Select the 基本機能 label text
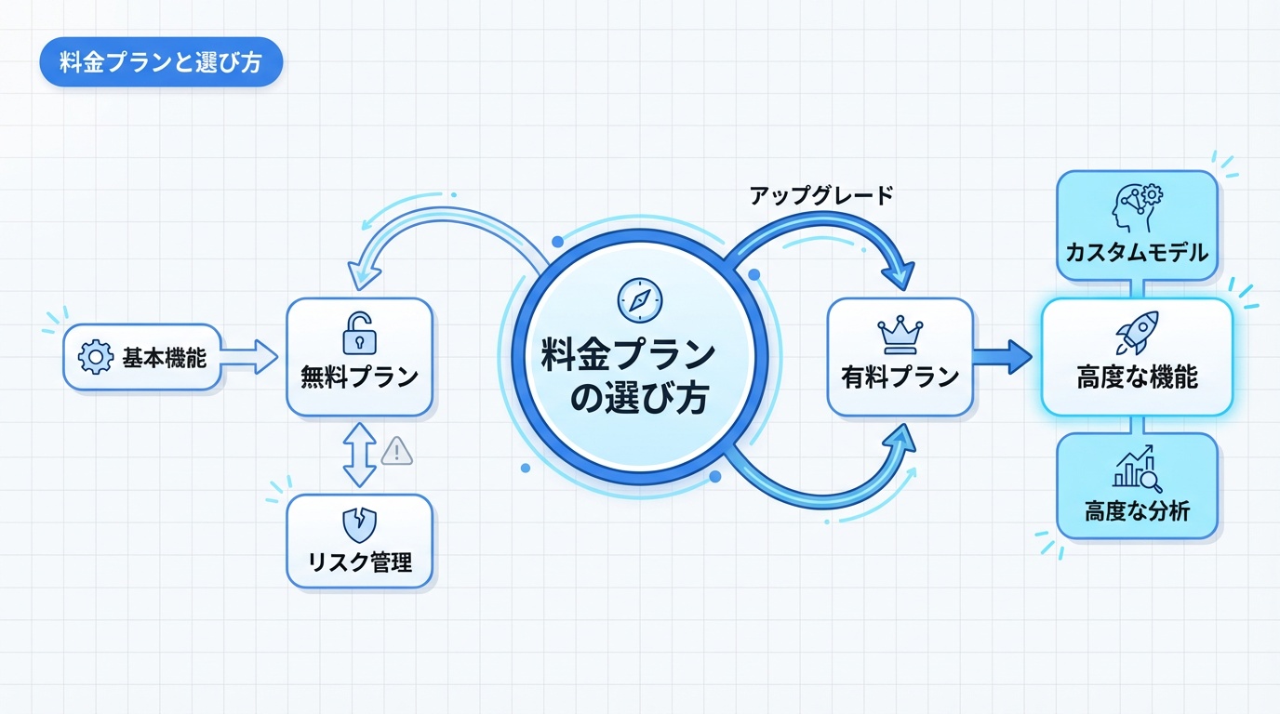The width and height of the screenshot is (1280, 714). pyautogui.click(x=164, y=358)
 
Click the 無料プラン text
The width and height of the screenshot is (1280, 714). pyautogui.click(x=359, y=377)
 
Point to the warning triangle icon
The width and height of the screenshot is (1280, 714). pyautogui.click(x=397, y=452)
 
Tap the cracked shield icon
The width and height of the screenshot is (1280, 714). pyautogui.click(x=359, y=525)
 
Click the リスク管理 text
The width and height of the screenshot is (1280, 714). pyautogui.click(x=359, y=562)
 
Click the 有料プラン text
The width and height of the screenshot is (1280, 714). pyautogui.click(x=900, y=377)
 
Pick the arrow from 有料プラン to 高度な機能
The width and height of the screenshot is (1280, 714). pyautogui.click(x=1002, y=354)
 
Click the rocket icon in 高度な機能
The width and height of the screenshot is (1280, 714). pyautogui.click(x=1137, y=333)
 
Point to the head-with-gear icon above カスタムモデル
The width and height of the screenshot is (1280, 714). pyautogui.click(x=1137, y=206)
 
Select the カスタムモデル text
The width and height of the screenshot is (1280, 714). pyautogui.click(x=1137, y=251)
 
